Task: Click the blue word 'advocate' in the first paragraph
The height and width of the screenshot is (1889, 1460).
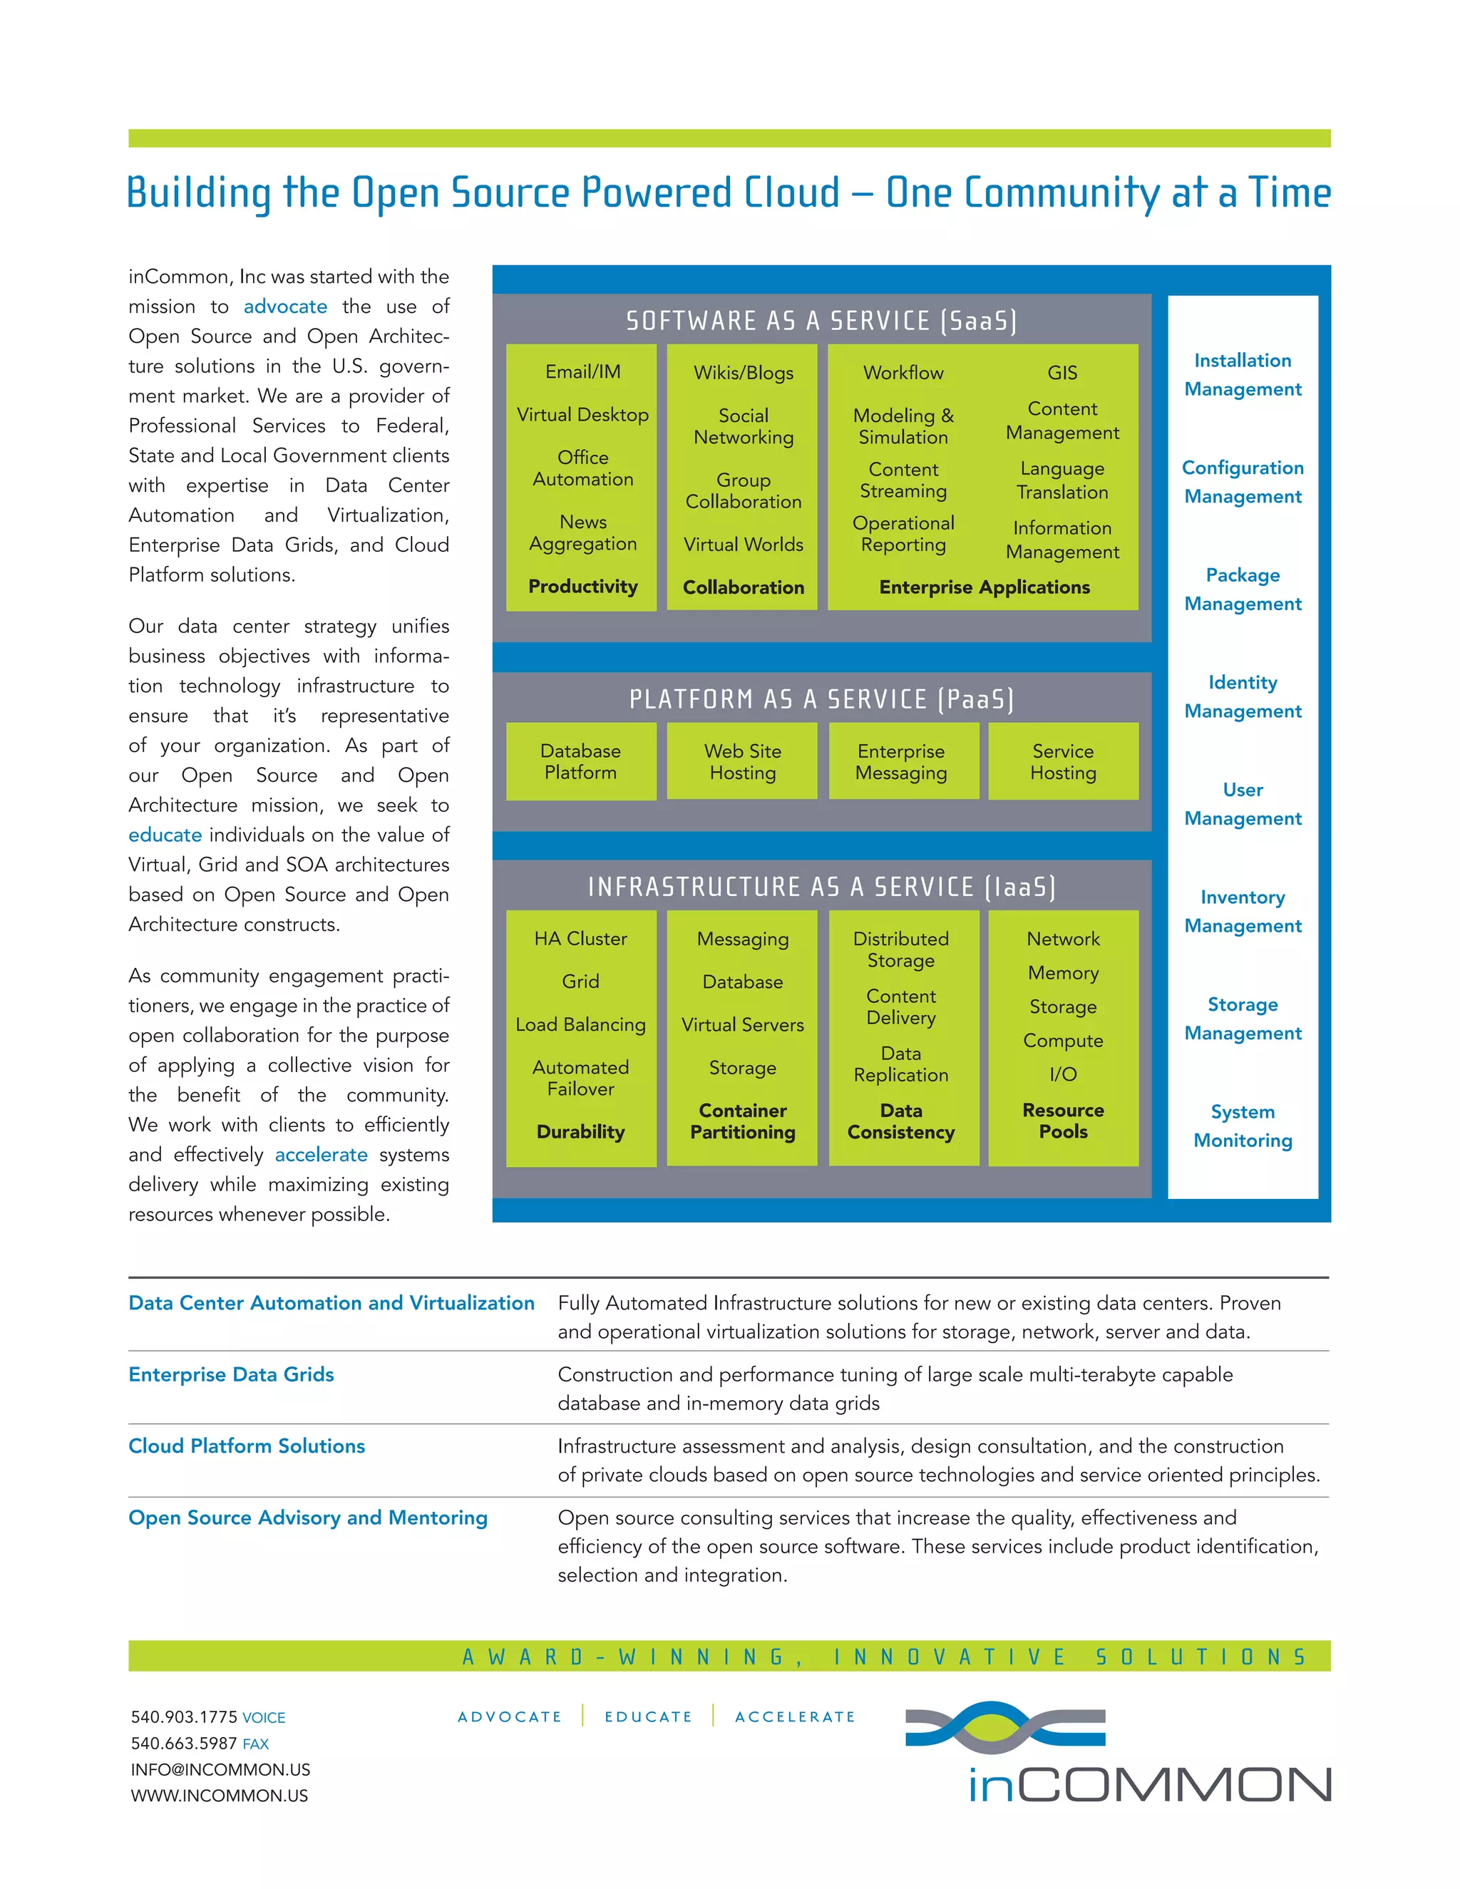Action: pos(284,307)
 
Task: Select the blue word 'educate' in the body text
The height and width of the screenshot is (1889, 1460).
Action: pos(165,835)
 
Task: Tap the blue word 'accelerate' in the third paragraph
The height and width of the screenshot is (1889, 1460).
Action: pos(321,1155)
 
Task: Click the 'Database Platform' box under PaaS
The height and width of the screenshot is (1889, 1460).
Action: pos(580,761)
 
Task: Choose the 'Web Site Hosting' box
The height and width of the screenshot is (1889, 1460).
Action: pos(742,761)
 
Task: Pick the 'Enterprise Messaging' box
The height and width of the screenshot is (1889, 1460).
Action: pos(901,761)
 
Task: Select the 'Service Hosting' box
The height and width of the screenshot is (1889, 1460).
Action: pos(1063,761)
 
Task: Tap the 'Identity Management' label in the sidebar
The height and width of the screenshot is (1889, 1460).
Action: pos(1242,696)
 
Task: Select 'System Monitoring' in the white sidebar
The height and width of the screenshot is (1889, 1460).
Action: pos(1242,1126)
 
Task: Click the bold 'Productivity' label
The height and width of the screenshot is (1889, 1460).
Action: pos(582,587)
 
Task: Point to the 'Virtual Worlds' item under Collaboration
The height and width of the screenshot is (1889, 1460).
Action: pos(743,544)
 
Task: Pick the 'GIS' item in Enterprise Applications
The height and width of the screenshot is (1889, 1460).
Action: pos(1062,373)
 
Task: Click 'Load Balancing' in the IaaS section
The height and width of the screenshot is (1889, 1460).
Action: pos(580,1024)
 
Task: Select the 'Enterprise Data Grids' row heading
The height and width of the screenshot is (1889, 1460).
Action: pos(231,1374)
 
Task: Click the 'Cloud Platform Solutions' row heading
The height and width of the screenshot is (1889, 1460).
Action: pos(247,1446)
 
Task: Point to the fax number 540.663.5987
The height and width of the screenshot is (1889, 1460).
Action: pos(183,1743)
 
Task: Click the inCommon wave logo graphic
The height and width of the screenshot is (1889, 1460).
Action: pos(1005,1726)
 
